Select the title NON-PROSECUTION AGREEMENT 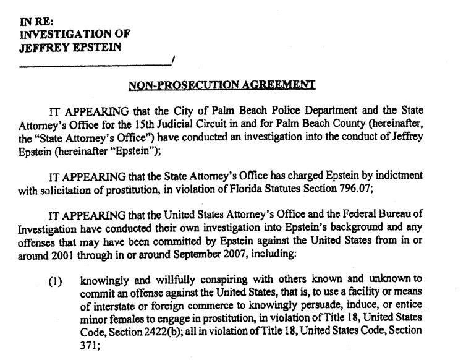click(222, 84)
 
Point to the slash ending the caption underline click(174, 61)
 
